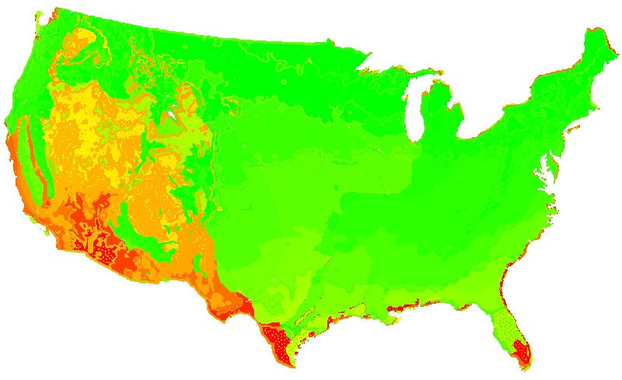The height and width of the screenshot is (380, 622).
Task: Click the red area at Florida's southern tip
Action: [x=521, y=350]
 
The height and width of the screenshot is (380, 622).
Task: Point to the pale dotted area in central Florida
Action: [x=507, y=323]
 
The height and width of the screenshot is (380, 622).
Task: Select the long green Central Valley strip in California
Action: [x=31, y=164]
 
